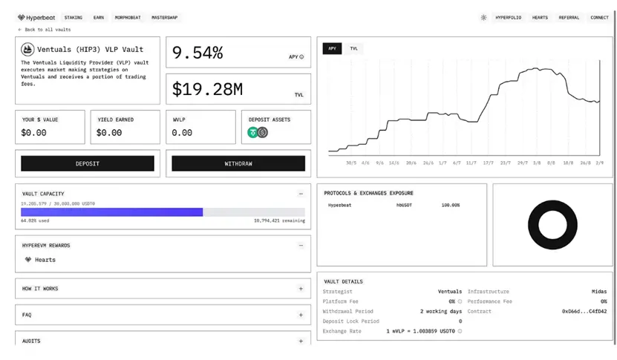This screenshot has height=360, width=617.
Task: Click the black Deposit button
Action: coord(88,163)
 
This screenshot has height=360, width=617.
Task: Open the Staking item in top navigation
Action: coord(74,17)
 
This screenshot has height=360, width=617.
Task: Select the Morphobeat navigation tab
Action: coord(128,17)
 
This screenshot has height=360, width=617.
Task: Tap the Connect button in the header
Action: coord(599,17)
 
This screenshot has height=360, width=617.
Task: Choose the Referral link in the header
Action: coord(569,17)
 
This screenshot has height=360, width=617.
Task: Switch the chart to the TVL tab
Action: coord(353,48)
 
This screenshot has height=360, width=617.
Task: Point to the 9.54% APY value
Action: coord(197,53)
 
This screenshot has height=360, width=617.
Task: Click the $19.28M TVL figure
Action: coord(207,90)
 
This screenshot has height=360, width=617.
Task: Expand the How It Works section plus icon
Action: coord(301,289)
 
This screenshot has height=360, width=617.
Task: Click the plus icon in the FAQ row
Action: coord(301,315)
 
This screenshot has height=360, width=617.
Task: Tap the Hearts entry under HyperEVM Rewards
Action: coord(45,260)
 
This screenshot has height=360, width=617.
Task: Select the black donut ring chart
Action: coord(552,224)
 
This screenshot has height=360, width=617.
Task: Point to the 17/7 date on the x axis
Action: coord(488,162)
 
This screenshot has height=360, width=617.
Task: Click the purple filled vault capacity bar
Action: coord(111,212)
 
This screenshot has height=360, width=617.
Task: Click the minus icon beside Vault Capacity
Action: coord(301,194)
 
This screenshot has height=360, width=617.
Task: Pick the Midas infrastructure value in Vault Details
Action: coord(598,292)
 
